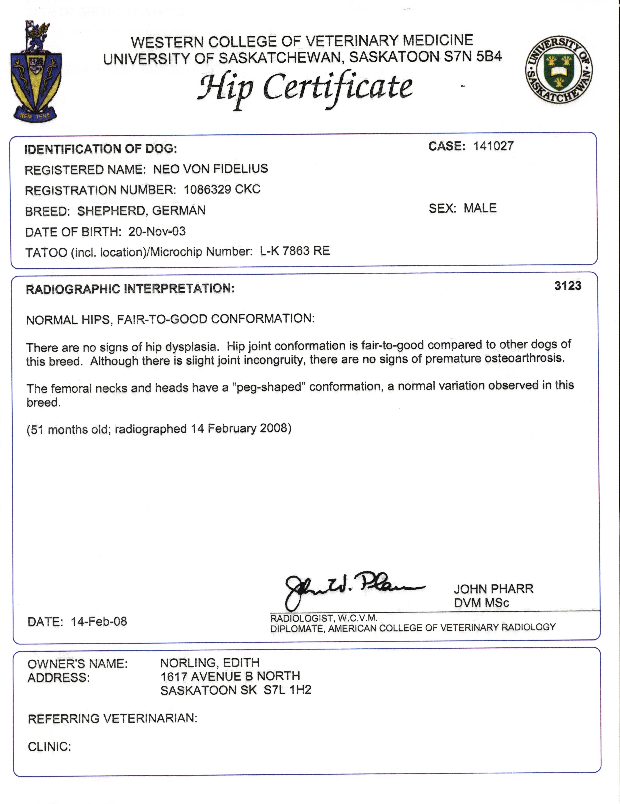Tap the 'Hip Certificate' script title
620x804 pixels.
(305, 88)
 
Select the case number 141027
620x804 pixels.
(493, 146)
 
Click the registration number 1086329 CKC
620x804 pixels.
(222, 190)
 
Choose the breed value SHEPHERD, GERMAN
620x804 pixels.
(141, 211)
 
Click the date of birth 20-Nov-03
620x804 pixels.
(157, 232)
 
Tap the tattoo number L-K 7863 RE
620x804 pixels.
(295, 251)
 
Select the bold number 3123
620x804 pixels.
(568, 286)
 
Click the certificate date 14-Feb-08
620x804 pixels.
(99, 621)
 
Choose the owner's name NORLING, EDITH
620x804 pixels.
(210, 663)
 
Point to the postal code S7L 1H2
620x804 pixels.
(287, 690)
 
